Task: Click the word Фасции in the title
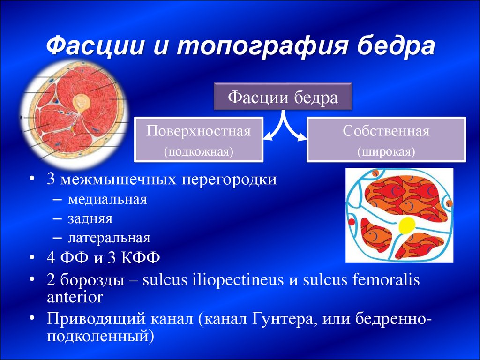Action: [96, 46]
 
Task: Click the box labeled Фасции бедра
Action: [283, 96]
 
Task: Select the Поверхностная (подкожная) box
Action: [199, 140]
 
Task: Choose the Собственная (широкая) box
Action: [386, 140]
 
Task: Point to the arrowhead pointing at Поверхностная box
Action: [267, 137]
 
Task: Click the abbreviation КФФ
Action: [140, 257]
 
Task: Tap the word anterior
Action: [75, 297]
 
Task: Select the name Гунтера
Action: [282, 320]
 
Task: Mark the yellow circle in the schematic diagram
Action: [407, 225]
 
